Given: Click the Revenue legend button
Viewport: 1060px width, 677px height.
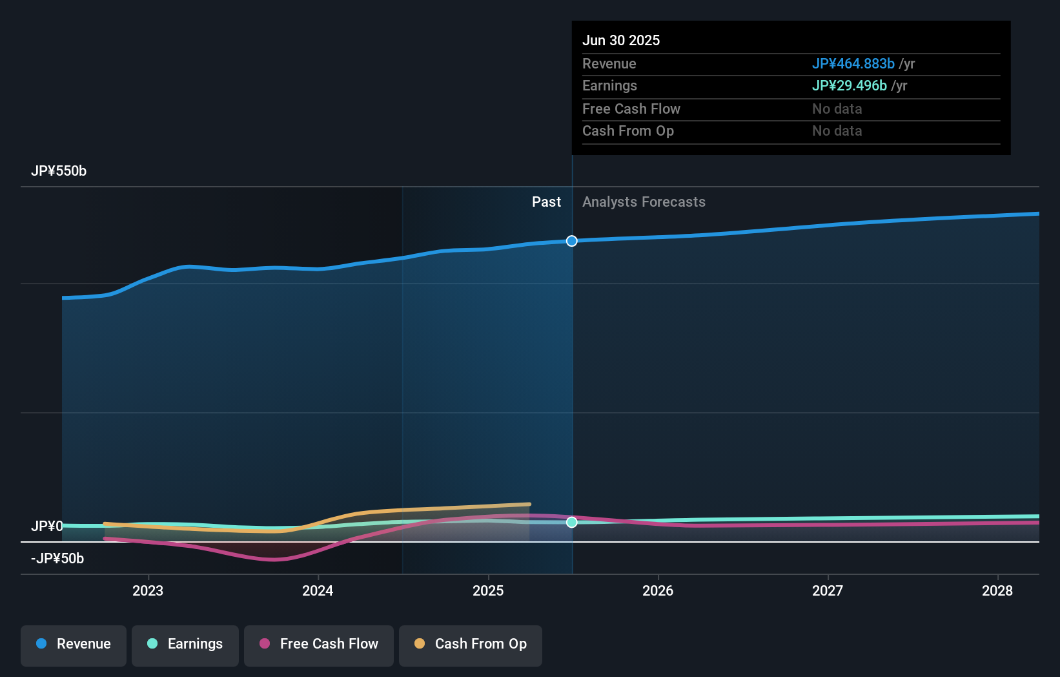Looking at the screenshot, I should (x=74, y=644).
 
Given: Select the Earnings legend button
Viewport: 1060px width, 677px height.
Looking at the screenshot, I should (x=185, y=644).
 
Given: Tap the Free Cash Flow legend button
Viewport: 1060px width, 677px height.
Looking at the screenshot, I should (x=319, y=644).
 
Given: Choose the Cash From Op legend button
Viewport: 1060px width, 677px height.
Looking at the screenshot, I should (x=471, y=644).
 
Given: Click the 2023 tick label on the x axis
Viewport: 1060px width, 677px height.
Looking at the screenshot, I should (x=148, y=590).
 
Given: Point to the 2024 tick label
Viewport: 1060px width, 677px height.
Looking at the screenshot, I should (x=318, y=590).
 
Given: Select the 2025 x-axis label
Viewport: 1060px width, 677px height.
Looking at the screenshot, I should (x=488, y=590).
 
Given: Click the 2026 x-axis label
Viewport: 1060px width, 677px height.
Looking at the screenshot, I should (x=658, y=590).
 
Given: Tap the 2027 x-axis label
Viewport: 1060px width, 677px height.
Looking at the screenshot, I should (x=828, y=590).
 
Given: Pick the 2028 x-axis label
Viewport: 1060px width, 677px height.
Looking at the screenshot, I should (x=997, y=590).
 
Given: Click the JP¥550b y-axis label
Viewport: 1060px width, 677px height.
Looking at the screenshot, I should (x=59, y=171).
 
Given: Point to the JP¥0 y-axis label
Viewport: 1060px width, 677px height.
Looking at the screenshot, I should (x=47, y=526).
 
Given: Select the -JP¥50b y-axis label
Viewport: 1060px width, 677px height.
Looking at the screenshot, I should (x=57, y=559).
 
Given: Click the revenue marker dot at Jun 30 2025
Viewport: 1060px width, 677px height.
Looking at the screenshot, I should (x=572, y=241).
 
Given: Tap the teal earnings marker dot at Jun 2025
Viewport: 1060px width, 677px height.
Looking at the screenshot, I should (x=572, y=522).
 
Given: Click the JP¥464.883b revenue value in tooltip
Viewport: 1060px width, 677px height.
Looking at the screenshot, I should (x=853, y=64).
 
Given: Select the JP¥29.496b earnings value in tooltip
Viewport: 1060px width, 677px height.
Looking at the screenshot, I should (x=849, y=86).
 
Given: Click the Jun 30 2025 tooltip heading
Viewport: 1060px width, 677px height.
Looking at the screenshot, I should (x=621, y=41).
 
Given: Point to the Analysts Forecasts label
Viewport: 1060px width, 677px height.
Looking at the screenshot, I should (x=644, y=202).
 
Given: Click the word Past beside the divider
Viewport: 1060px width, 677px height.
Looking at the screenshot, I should (x=546, y=202).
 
